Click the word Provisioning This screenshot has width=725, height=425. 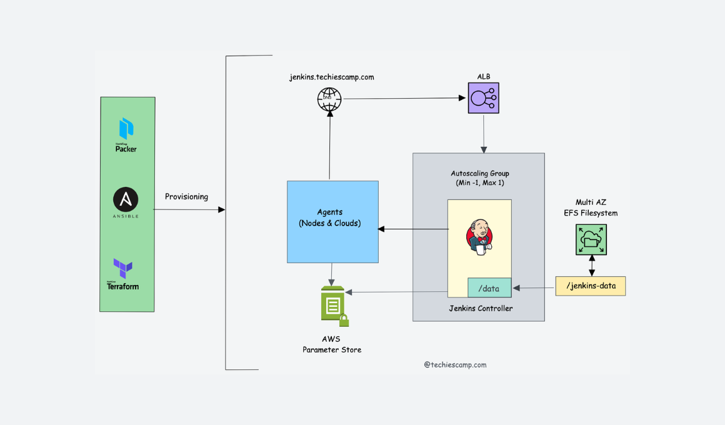(x=186, y=197)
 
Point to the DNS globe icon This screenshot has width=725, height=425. (x=329, y=99)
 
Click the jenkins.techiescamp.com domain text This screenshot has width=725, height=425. (x=331, y=77)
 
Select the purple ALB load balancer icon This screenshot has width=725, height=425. (x=484, y=98)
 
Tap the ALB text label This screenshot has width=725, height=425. (x=484, y=77)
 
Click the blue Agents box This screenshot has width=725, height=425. (x=332, y=221)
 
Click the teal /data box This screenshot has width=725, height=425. (x=489, y=288)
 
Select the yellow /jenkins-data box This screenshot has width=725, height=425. (x=591, y=286)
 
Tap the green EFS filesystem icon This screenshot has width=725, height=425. (x=591, y=240)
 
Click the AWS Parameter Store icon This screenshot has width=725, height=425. (x=334, y=306)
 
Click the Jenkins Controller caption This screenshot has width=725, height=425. (x=481, y=309)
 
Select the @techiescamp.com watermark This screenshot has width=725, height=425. (x=454, y=365)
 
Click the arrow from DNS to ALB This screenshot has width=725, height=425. (x=400, y=98)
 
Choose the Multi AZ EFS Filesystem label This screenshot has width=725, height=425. (x=591, y=207)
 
